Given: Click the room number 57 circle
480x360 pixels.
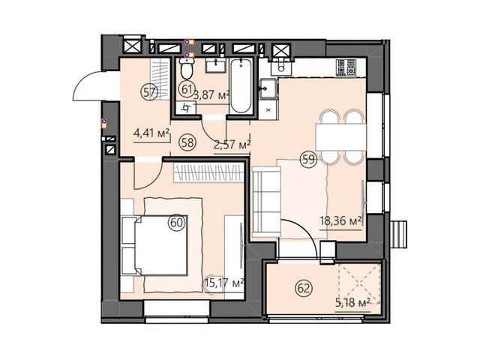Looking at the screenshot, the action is point(149,92).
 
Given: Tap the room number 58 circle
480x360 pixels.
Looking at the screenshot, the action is point(187,142).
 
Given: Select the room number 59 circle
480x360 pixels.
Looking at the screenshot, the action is point(308,159).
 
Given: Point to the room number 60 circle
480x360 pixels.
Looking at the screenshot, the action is point(177,223).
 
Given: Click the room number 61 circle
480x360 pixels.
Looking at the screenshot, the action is point(187,90).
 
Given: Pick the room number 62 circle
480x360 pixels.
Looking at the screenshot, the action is point(304,288).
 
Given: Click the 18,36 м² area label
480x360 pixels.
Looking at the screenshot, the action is point(340,220).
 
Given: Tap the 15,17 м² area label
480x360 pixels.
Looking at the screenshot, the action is point(224,283).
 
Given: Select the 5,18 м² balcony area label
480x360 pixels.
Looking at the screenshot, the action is point(353,303).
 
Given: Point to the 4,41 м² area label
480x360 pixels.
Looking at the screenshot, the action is point(151,133).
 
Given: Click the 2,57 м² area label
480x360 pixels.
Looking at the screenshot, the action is point(232,145).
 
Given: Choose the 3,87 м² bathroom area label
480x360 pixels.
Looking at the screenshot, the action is point(211,96).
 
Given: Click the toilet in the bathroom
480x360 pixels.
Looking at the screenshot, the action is point(187,68).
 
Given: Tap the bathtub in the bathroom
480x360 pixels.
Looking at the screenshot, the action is point(241,85).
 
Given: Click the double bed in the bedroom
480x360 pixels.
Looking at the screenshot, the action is point(154,245).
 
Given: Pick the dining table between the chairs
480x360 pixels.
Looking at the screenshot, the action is point(340,136).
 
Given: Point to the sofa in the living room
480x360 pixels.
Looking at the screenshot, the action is point(266,202).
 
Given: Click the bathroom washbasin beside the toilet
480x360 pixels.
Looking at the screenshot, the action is point(215,65).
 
